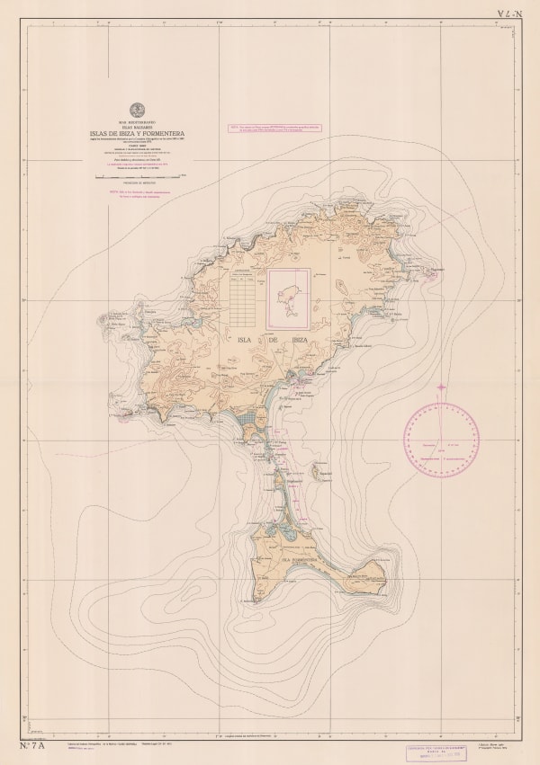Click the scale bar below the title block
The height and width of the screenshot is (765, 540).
pos(139,178)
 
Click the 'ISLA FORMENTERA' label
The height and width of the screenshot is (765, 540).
pos(301,558)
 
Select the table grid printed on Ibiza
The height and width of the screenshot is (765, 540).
pos(239,301)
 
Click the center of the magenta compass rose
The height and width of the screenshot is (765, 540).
pos(441,438)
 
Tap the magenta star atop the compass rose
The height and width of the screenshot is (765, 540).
pos(441,387)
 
